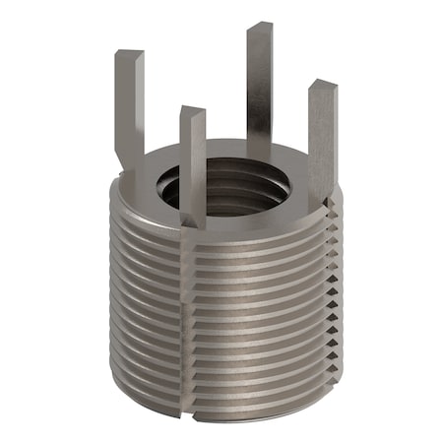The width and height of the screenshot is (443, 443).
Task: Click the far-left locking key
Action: [x=129, y=108]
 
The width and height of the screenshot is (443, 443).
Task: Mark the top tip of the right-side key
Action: [x=322, y=87]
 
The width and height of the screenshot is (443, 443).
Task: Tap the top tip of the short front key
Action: [x=192, y=111]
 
